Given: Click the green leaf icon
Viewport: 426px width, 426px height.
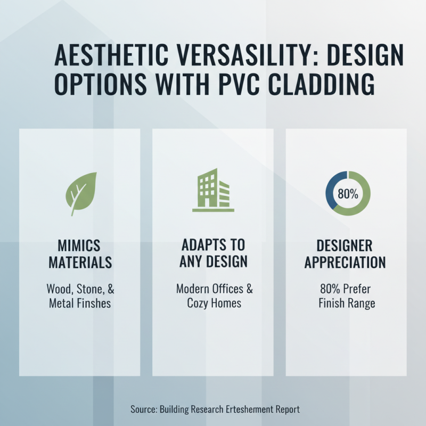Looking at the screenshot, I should coord(80,193).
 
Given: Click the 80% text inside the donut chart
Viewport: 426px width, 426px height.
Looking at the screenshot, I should coord(347,193).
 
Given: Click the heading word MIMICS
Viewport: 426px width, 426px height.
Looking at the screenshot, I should coord(79,246).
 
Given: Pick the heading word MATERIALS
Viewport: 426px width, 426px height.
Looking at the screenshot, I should coord(79,263).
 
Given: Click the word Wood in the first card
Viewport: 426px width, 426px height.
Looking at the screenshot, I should coord(58,290).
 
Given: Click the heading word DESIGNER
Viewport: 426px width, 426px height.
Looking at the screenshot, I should coord(347,245).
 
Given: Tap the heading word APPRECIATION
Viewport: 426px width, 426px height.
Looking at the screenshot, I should coord(347,263).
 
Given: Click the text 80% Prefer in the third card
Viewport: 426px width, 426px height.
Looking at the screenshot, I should coord(347,290).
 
